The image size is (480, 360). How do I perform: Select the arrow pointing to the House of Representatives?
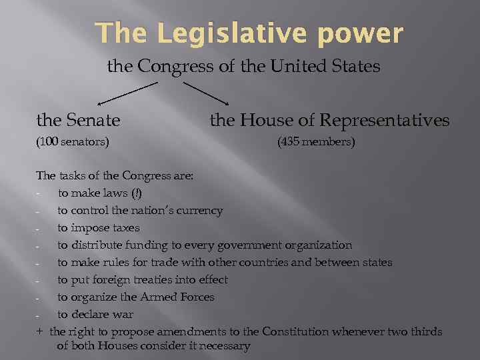206,93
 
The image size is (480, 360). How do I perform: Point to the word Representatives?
385,120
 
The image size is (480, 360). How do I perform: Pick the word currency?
199,211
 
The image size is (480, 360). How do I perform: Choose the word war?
124,315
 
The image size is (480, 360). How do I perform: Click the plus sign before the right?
40,332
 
